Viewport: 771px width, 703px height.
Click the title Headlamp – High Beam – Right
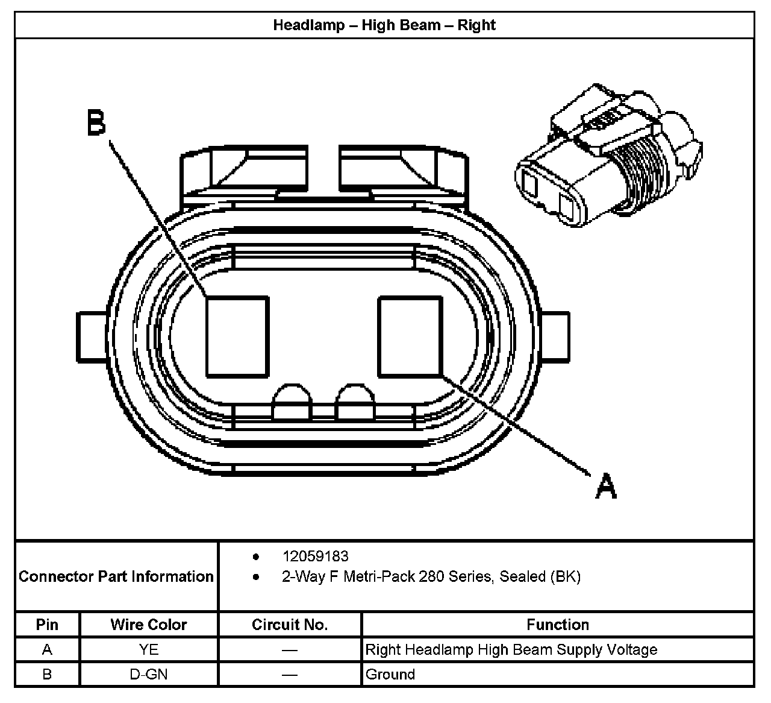tap(384, 25)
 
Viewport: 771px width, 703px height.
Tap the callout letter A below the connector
tap(606, 486)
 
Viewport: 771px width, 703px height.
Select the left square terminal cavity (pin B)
tap(237, 337)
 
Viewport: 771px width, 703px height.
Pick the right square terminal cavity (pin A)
tap(410, 336)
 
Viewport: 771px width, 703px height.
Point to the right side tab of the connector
tap(555, 337)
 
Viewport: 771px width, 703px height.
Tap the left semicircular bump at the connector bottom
tap(293, 403)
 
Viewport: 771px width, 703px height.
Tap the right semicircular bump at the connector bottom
tap(355, 403)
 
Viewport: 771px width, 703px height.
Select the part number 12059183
tap(315, 556)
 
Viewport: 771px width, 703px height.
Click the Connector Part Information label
tap(116, 576)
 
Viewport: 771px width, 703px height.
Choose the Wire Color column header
tap(148, 625)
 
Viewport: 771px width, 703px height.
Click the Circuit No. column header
tap(290, 625)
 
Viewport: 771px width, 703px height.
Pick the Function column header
tap(557, 625)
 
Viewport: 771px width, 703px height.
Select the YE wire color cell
tap(148, 649)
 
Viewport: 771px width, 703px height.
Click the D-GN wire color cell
tap(148, 674)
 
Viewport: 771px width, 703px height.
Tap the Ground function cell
tap(390, 674)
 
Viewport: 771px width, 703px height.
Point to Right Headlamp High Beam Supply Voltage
tap(511, 649)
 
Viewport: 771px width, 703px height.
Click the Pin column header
tap(47, 625)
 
